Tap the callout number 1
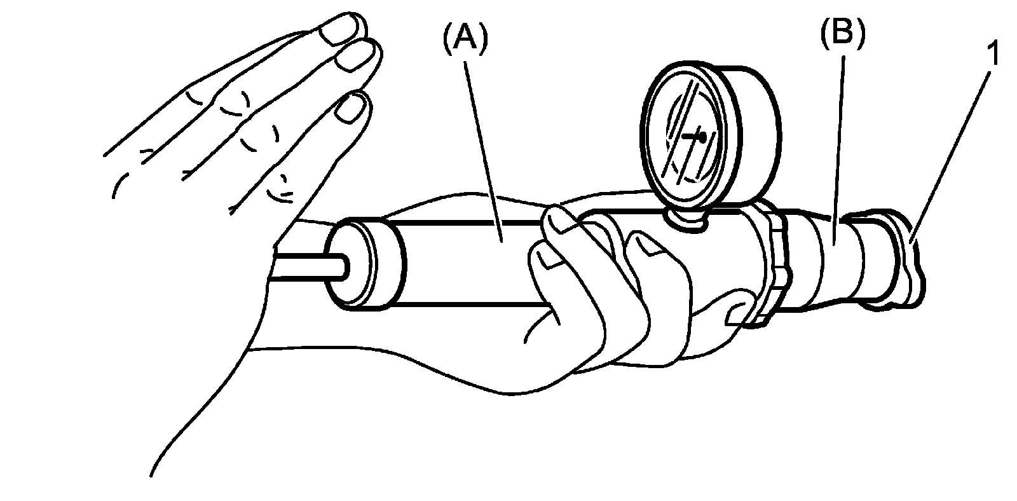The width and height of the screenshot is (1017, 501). tap(993, 55)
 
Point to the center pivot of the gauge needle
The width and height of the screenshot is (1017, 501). tap(700, 135)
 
